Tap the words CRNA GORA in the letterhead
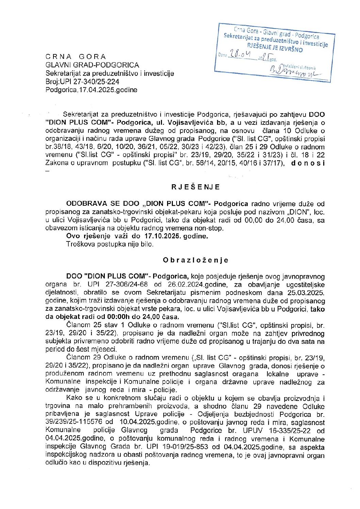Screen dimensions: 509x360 click(76, 57)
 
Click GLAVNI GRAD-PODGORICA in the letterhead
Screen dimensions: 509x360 click(92, 65)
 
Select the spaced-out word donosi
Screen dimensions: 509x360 click(308, 163)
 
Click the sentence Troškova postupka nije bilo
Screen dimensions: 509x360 click(110, 244)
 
